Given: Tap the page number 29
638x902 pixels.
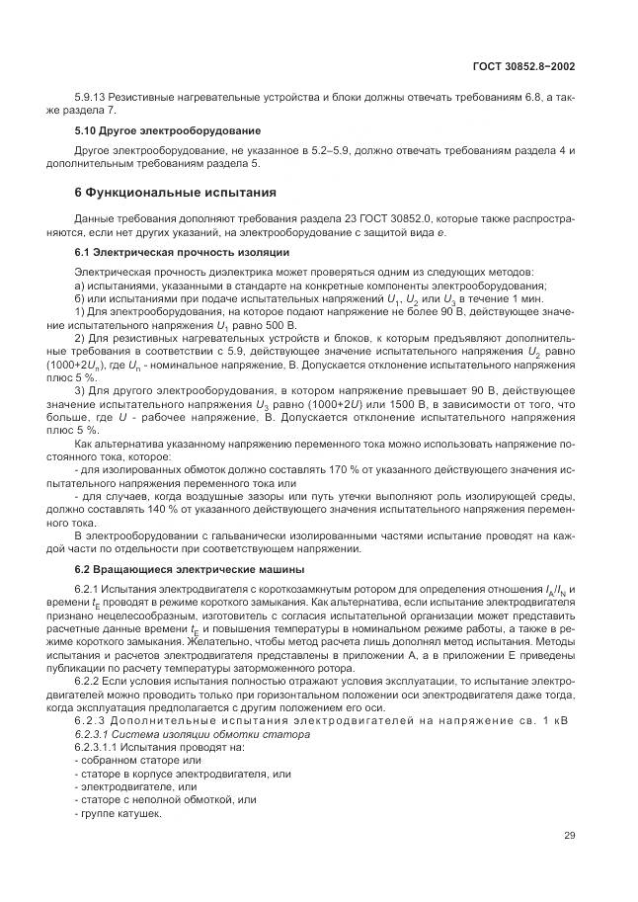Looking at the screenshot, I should (x=569, y=835).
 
